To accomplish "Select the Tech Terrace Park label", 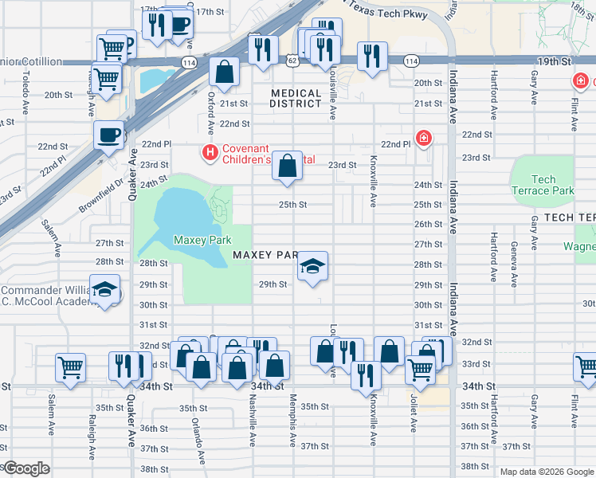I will tap(543, 185).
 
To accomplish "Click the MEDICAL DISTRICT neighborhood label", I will tap(296, 99).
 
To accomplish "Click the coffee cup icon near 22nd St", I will tap(108, 135).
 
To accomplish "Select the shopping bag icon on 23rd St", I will tap(288, 166).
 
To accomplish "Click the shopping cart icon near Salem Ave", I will tap(70, 368).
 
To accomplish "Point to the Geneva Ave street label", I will tap(515, 255).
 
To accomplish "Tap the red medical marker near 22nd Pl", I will tap(425, 138).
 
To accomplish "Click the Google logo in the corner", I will tap(25, 468).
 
